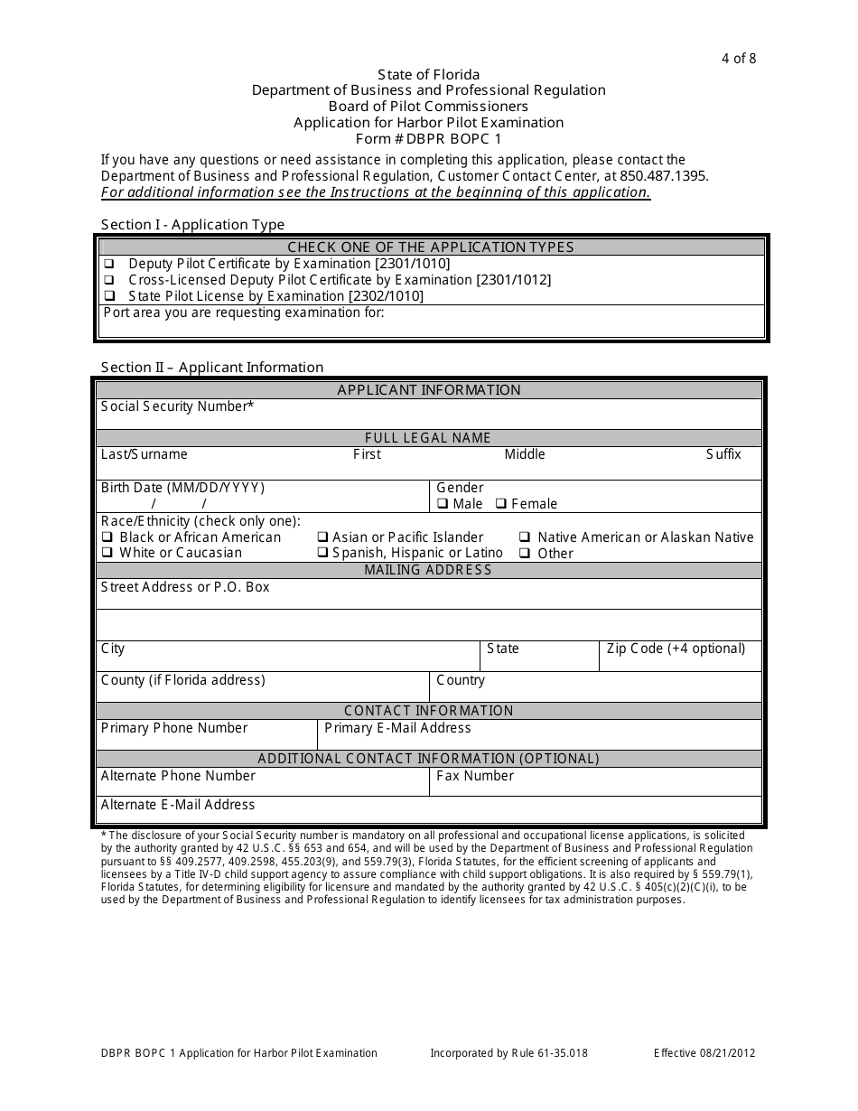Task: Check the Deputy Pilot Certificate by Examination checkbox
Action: [109, 264]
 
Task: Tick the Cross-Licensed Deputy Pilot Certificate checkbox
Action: [109, 280]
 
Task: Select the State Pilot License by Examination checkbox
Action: [109, 296]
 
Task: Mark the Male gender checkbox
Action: [443, 504]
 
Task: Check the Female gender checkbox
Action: [501, 504]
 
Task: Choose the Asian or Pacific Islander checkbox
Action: [322, 537]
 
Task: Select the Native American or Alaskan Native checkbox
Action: [524, 537]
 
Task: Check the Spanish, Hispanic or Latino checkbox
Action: [322, 553]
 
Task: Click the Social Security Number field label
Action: [177, 406]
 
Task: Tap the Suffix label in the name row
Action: [723, 454]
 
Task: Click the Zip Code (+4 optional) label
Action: [676, 649]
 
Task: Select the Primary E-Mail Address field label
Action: [397, 728]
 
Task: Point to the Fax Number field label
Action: [475, 776]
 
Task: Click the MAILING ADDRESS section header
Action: [428, 570]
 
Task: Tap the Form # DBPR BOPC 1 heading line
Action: [428, 139]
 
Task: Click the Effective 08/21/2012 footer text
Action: [704, 1053]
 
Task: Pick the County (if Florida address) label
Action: [183, 680]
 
